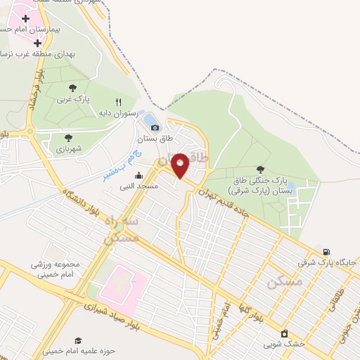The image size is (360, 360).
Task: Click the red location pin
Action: coord(180,165)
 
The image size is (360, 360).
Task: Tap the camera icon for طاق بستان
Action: coord(155,127)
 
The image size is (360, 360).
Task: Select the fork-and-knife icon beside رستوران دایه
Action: coord(118,101)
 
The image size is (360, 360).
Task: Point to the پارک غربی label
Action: coord(74,99)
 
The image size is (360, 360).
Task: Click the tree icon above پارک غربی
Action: coord(73,88)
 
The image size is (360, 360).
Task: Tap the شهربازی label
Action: coord(68,149)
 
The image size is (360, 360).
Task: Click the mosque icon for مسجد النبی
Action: coord(139,176)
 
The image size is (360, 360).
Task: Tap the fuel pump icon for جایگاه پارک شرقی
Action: coord(326,252)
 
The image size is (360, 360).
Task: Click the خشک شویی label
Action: coord(284,344)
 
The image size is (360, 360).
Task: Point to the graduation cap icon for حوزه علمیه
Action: coord(78,340)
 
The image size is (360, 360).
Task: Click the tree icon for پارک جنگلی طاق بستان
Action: coord(261,169)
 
